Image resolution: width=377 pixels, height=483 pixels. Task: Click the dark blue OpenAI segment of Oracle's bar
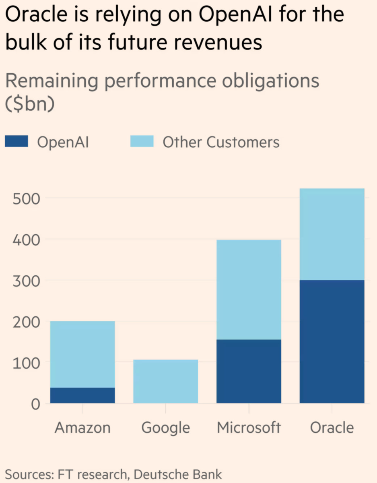(332, 341)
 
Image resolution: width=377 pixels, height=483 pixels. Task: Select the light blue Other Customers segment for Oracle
(332, 234)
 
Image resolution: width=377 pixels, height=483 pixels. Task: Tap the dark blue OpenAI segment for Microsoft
(249, 371)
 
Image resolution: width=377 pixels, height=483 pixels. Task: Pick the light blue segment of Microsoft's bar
(249, 289)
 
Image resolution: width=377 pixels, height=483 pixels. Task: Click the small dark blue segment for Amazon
(82, 395)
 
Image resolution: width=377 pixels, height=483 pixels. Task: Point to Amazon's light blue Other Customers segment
(82, 354)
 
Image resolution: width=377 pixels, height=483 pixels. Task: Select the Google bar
(165, 382)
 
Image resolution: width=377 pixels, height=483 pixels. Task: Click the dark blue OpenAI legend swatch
(16, 141)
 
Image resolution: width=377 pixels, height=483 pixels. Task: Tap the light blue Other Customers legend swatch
(142, 141)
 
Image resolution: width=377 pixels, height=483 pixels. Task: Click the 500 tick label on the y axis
(27, 198)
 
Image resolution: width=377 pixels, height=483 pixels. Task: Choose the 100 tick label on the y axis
(27, 363)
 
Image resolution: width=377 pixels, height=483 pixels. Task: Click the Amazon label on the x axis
(82, 427)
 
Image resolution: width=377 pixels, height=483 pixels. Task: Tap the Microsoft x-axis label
(249, 427)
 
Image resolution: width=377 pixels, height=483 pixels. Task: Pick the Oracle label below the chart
(332, 427)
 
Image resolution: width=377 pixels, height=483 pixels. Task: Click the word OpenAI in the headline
(235, 16)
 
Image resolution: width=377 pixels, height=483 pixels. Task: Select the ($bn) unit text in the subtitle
(29, 104)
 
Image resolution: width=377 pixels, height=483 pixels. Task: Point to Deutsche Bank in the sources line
(178, 474)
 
